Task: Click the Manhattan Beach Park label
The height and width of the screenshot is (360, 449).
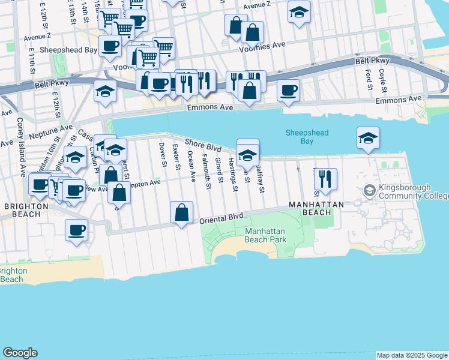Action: [x=266, y=235]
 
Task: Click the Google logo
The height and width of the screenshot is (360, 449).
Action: [x=20, y=353]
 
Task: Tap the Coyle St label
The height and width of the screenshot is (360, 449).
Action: [x=382, y=77]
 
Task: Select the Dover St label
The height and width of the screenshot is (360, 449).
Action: [x=162, y=152]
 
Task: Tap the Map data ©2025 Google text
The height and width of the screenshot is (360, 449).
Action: [x=412, y=355]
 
